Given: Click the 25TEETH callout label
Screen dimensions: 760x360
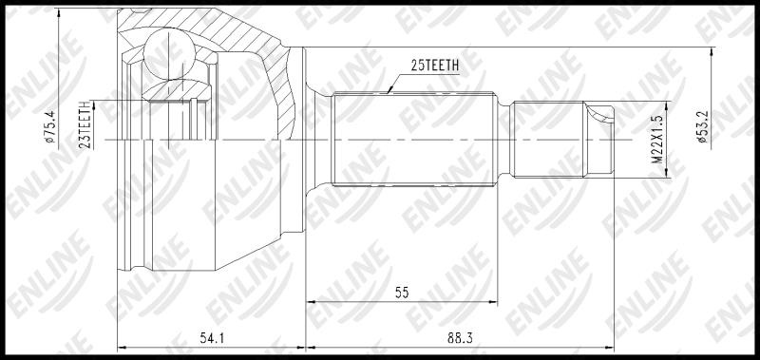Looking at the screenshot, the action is click(435, 66).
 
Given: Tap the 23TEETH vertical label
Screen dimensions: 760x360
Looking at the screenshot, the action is click(87, 124).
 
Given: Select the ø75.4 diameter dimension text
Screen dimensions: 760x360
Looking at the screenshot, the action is click(50, 126).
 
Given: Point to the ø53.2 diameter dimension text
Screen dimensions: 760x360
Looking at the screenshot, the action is click(703, 126).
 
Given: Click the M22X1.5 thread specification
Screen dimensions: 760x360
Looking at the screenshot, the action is click(656, 139).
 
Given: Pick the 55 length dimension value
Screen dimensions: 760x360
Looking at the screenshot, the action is click(402, 293).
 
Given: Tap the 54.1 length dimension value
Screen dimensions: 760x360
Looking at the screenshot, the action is click(212, 339).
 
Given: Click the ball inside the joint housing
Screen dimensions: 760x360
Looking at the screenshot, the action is click(169, 54).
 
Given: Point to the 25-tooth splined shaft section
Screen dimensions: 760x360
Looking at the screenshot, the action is click(414, 139).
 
